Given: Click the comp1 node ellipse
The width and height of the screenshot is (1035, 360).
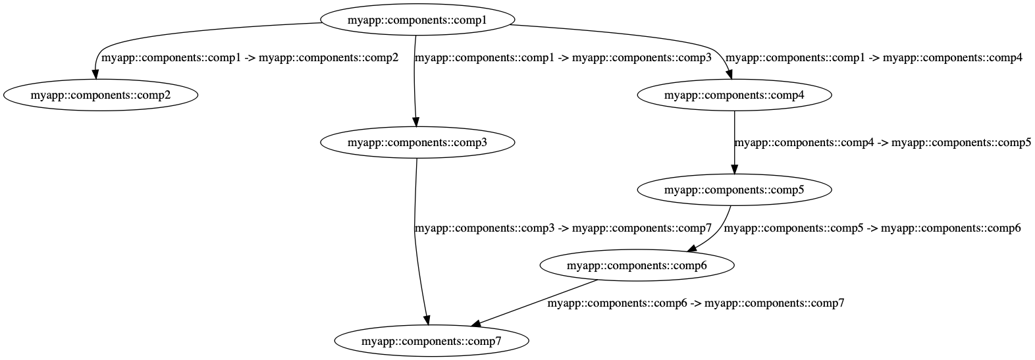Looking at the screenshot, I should click(x=417, y=20).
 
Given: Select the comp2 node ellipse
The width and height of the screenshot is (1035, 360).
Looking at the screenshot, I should click(x=101, y=95).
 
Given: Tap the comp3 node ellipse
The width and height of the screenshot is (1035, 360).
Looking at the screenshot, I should click(x=417, y=142).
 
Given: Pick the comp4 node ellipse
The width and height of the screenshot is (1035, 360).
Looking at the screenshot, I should click(x=734, y=95).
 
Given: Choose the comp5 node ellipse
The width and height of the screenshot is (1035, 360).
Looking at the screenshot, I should click(x=734, y=190).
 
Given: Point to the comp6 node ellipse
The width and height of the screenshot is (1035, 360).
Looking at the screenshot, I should click(x=637, y=266).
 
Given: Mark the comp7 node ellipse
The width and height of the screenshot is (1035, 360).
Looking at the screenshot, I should click(x=431, y=342).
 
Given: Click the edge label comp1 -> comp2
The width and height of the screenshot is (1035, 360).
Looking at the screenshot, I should click(x=250, y=58).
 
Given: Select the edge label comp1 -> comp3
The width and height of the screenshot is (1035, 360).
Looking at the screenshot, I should click(x=563, y=58).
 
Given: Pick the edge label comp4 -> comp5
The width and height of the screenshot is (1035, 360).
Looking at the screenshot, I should click(x=882, y=143).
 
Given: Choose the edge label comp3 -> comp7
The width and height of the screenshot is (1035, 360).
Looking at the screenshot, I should click(x=563, y=229).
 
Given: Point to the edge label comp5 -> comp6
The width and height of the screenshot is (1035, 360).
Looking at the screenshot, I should click(x=872, y=229).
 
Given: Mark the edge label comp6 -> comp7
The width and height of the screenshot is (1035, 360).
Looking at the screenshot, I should click(x=696, y=304).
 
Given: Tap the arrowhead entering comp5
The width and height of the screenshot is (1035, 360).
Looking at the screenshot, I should click(x=734, y=168).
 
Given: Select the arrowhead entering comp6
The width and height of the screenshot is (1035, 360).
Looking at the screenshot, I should click(x=693, y=249).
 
